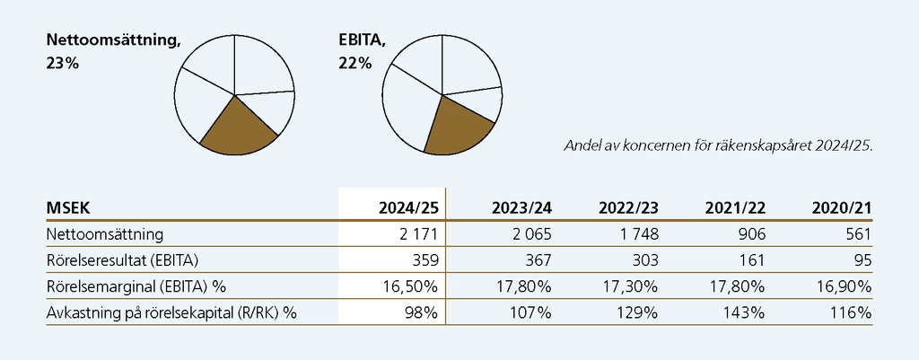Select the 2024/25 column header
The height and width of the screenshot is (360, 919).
[x=408, y=207]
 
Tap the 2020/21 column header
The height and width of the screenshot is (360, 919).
[x=842, y=207]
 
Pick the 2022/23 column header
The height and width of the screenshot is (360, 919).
[x=626, y=207]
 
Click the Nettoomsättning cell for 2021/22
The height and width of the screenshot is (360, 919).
[x=748, y=235]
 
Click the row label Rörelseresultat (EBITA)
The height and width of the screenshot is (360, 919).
[x=121, y=260]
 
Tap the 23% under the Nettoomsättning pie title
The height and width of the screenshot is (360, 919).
[x=61, y=65]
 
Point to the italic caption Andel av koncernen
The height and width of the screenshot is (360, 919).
[x=717, y=145]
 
